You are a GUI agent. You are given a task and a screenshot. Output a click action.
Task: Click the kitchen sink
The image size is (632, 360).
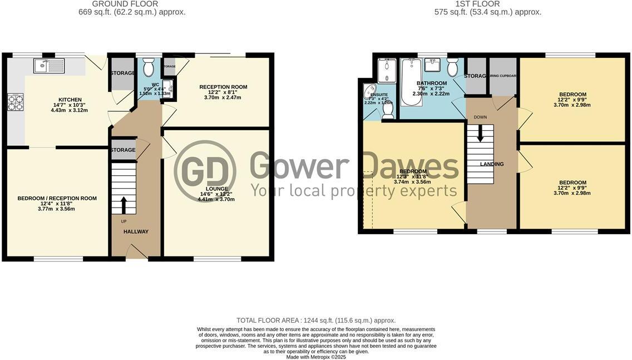pos(49,66)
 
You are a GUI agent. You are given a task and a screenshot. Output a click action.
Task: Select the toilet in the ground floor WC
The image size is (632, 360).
pos(149,68)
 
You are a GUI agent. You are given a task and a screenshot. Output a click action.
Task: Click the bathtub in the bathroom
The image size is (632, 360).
pos(411,78)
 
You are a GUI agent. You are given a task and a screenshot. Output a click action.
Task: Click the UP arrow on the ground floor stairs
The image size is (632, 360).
pos(124,204)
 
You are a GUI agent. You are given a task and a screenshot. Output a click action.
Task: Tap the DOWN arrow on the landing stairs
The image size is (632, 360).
pos(480,134)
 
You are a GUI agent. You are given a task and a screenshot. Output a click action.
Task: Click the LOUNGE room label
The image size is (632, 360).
pos(216,189)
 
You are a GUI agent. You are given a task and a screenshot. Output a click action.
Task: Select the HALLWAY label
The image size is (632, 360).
pos(136,231)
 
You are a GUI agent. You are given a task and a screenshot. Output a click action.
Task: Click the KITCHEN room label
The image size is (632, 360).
pos(70,100)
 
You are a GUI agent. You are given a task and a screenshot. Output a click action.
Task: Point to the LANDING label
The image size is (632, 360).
pos(492,164)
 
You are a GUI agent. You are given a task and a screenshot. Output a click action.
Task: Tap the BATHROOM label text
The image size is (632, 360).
pos(432,83)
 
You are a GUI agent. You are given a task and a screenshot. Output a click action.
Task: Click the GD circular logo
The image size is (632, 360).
pos(205,171)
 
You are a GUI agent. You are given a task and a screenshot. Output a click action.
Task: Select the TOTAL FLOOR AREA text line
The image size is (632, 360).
pos(315,320)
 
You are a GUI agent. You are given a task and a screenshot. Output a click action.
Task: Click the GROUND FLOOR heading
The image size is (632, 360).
pos(132,4)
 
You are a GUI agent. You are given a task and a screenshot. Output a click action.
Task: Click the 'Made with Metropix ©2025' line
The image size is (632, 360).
pos(315,357)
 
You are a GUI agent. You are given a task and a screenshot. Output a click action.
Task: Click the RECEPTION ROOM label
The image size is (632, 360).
pos(223,87)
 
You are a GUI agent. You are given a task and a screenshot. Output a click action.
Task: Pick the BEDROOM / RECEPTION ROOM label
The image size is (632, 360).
pos(57,198)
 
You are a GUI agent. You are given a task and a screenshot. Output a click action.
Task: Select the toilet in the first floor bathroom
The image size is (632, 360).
pos(452,67)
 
